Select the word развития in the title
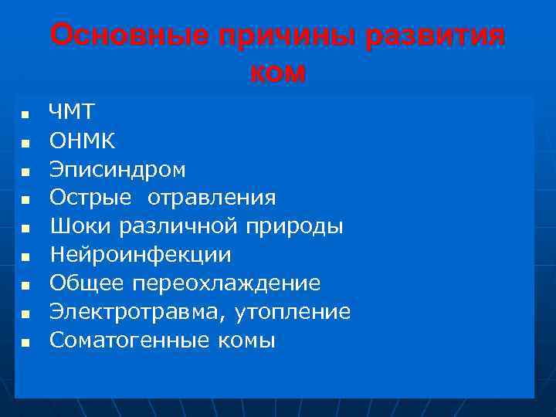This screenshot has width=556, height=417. [436, 36]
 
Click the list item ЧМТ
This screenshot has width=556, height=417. [72, 112]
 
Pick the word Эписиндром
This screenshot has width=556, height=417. [117, 169]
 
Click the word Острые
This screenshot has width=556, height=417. [90, 198]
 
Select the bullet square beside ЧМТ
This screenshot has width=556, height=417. [25, 114]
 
